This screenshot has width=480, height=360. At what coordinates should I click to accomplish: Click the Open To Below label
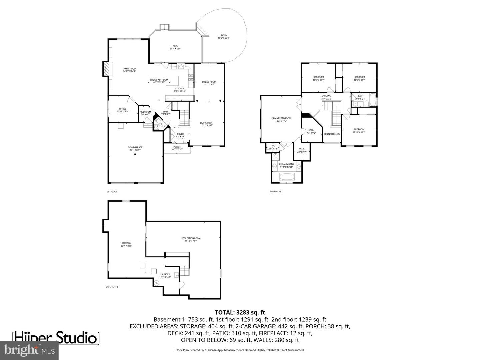(332, 134)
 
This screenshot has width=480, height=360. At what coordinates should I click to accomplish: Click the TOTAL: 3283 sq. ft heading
(240, 312)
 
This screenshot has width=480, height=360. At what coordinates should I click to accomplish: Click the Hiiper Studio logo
(56, 338)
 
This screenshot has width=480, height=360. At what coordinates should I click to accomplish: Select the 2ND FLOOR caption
(275, 192)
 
